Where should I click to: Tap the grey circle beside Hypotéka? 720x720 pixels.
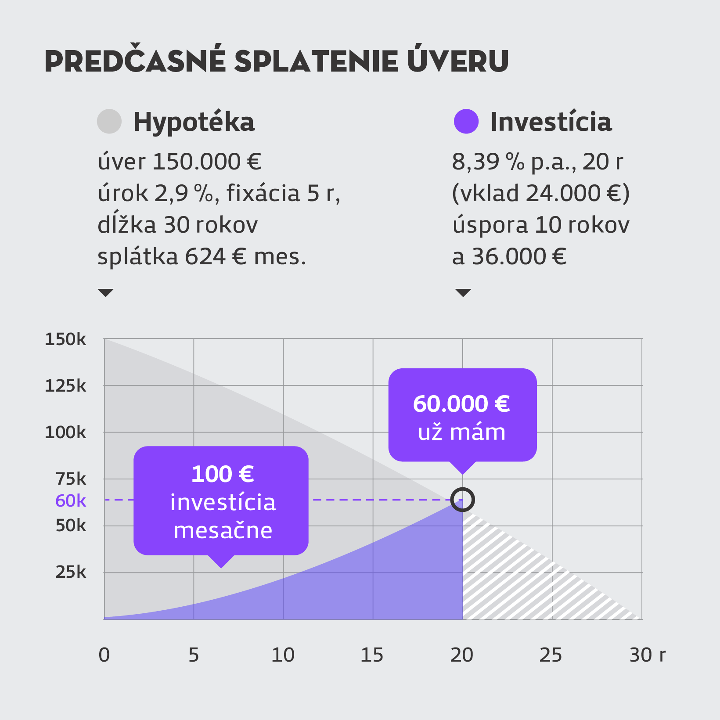(x=109, y=121)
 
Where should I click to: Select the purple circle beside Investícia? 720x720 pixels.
(x=466, y=121)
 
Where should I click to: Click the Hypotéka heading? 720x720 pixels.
(x=194, y=122)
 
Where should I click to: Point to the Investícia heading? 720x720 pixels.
(x=551, y=122)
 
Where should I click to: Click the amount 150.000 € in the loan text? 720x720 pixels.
(x=207, y=162)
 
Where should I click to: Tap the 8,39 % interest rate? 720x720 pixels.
(x=488, y=162)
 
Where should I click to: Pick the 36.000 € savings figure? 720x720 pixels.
(x=519, y=256)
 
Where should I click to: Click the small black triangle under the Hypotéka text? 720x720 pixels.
(x=106, y=292)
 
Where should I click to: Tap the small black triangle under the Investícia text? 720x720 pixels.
(x=463, y=292)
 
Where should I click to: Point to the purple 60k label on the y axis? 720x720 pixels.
(x=71, y=500)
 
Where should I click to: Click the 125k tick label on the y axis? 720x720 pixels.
(x=65, y=386)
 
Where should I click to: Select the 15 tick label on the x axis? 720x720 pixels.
(x=372, y=655)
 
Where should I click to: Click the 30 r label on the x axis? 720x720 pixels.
(x=647, y=655)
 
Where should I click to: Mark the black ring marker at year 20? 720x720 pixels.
(x=463, y=500)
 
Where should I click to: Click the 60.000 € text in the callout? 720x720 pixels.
(x=461, y=404)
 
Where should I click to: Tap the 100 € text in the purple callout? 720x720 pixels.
(x=223, y=474)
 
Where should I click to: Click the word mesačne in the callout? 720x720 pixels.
(x=223, y=530)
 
